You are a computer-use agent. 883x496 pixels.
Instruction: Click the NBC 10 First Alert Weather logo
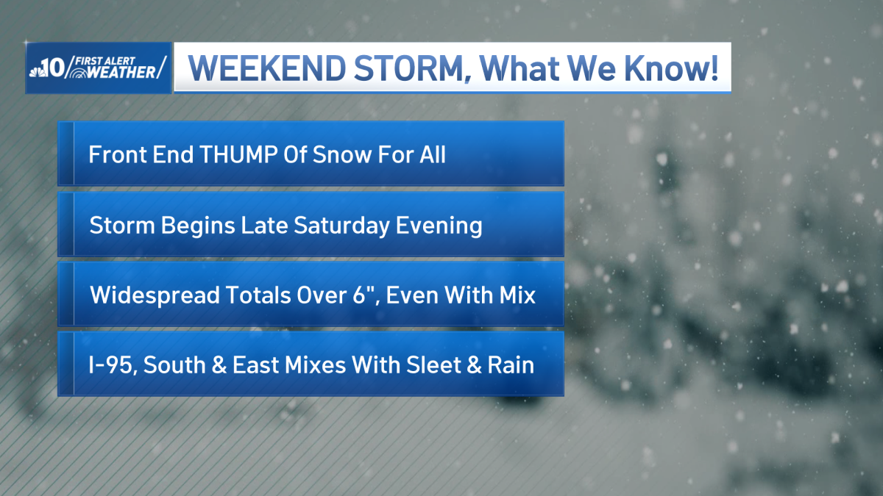(x=98, y=68)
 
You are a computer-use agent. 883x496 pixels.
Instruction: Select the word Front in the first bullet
(x=113, y=155)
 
